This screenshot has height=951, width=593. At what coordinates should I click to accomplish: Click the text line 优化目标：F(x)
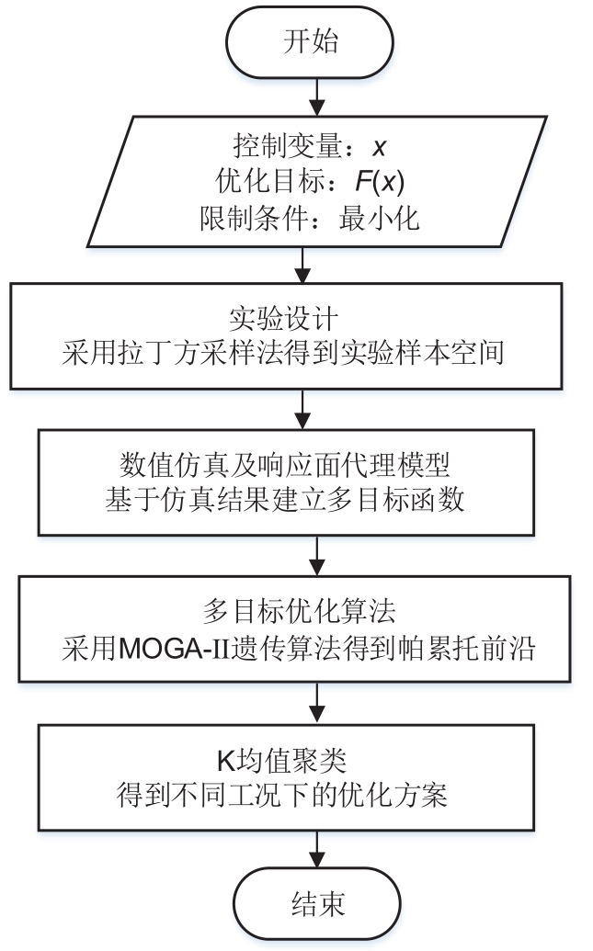point(302,182)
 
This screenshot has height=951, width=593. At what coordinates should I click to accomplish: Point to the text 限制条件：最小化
point(309,220)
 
